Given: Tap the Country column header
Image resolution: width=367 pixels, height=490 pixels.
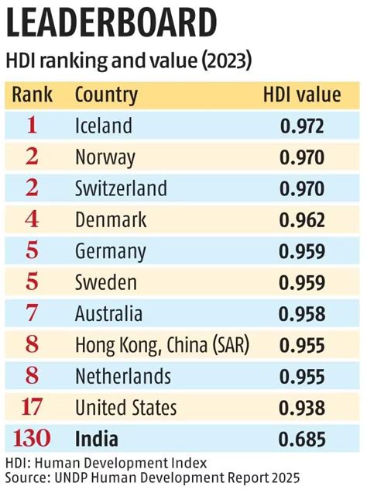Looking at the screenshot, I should coord(106,95).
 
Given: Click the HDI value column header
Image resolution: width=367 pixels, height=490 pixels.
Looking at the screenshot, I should coord(302,95).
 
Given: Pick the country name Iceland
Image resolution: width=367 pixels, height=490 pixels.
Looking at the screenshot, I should coord(104,126).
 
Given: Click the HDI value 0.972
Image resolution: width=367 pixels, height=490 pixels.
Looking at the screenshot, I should coord(302,126).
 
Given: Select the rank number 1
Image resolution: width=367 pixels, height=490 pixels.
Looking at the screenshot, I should coord(31,126).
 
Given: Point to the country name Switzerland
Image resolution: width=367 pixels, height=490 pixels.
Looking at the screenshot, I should coord(121,188).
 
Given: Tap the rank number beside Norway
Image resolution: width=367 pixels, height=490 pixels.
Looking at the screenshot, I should coord(31,157).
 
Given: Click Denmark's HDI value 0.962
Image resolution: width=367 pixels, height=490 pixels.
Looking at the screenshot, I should coord(302,220).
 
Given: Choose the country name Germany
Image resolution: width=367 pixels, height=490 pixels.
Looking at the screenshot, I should coord(111,251).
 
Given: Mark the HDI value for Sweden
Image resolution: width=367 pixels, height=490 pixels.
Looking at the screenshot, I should coord(302,283).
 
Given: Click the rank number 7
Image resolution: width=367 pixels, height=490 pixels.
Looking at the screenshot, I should coord(31,314).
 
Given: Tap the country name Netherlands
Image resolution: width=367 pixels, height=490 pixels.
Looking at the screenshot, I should coord(123,377).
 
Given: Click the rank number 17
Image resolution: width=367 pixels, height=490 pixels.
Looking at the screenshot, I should coord(31,408).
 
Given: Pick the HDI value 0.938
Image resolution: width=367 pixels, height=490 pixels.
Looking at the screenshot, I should coord(302,408).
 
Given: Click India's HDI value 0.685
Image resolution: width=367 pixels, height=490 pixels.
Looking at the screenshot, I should coord(302,440).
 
